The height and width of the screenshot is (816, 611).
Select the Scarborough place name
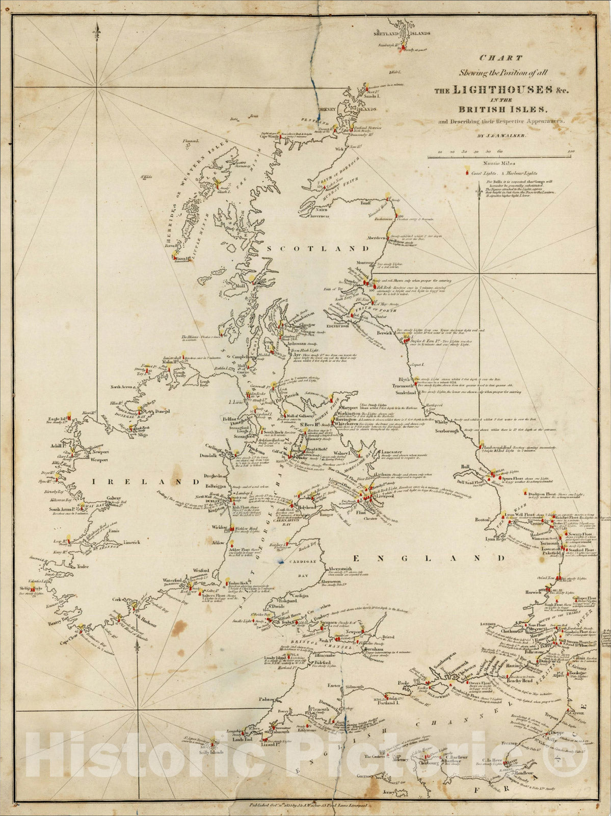coord(438,432)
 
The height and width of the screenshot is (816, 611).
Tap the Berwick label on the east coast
coord(384,333)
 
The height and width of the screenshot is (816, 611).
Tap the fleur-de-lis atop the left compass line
coord(96,32)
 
